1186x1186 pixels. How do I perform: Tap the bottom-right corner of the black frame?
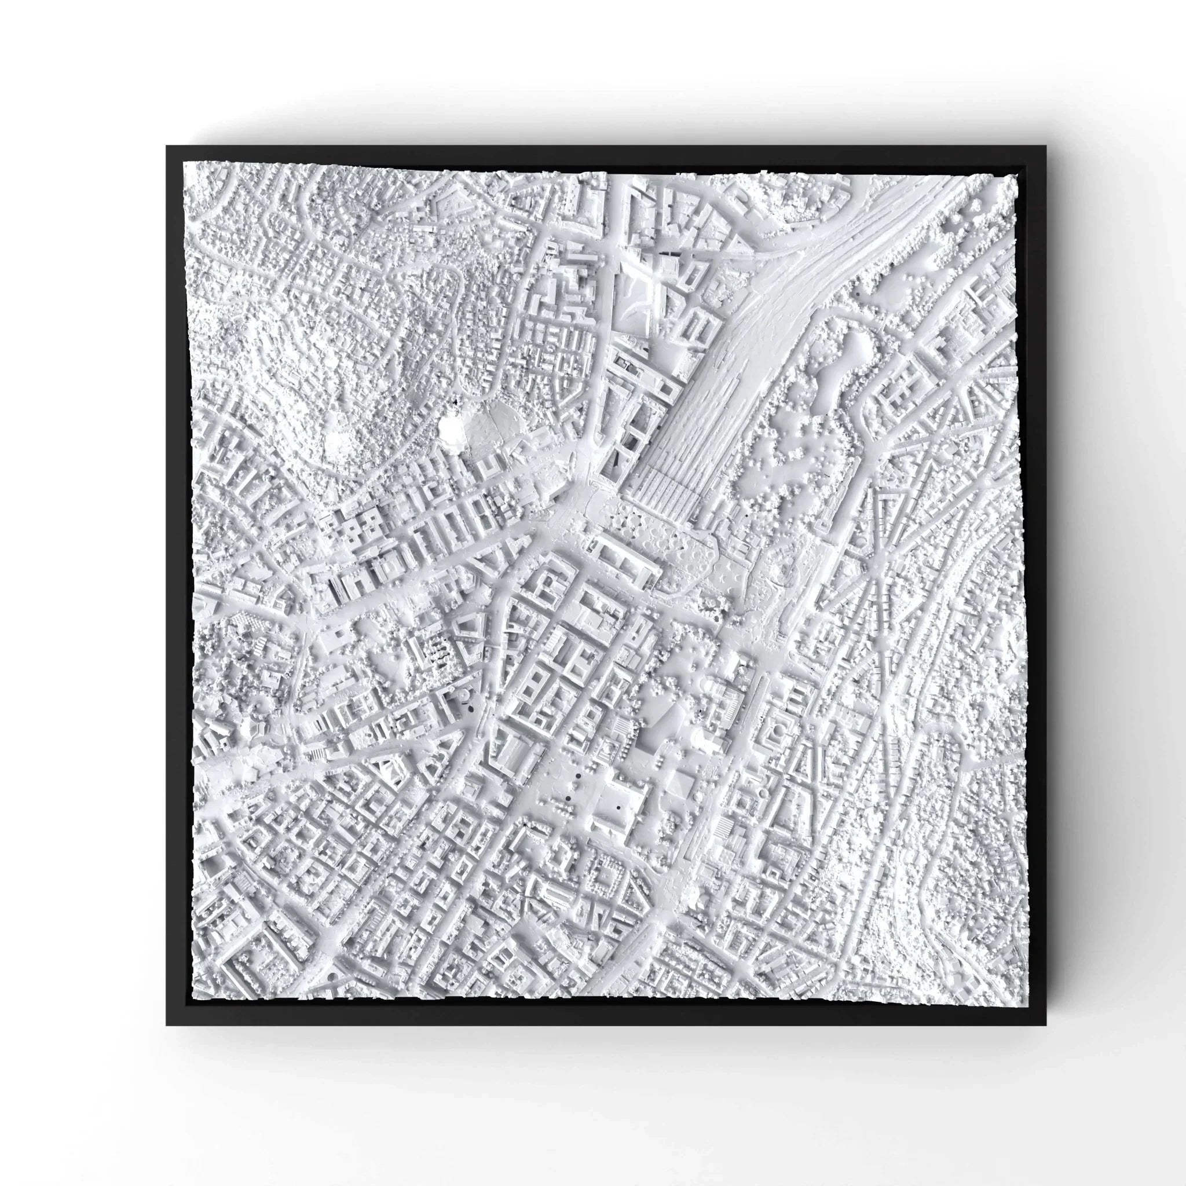[1045, 1024]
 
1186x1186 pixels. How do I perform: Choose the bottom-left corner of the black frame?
[167, 1024]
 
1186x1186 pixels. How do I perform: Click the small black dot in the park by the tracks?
[855, 295]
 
